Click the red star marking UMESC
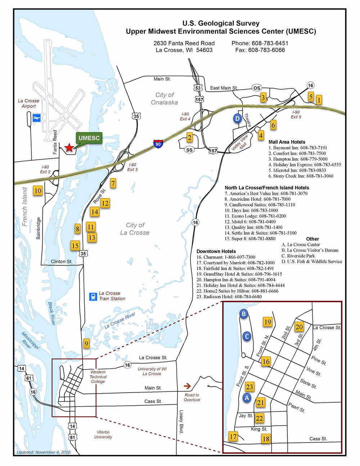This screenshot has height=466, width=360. [x=69, y=147]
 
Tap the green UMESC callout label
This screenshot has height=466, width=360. [x=89, y=138]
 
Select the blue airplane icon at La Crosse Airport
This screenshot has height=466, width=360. [x=36, y=118]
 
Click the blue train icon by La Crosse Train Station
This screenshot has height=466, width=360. [x=93, y=296]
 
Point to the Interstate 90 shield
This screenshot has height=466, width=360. [x=158, y=143]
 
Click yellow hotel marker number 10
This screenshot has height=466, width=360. [x=38, y=191]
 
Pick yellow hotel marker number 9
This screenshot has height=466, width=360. [x=86, y=344]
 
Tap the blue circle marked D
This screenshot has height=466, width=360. [x=237, y=118]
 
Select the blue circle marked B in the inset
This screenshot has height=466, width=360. [x=244, y=314]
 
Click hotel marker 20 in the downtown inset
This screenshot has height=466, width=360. [x=299, y=327]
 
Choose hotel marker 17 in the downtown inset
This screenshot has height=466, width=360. [x=233, y=436]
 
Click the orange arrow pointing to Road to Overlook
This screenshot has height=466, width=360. [x=187, y=386]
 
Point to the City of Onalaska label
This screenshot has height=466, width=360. [x=165, y=99]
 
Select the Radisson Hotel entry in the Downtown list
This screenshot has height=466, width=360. [x=229, y=297]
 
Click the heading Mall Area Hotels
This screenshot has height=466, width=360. [x=287, y=142]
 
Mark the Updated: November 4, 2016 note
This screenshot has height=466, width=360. [x=44, y=452]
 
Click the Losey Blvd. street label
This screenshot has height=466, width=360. [x=181, y=422]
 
